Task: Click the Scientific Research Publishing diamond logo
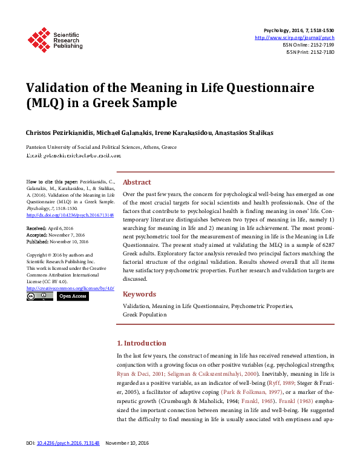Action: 39,39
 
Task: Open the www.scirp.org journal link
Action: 295,38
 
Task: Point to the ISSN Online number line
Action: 308,45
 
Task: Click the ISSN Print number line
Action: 310,52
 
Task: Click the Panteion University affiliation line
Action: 101,147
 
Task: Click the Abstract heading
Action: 137,182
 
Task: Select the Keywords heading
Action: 139,294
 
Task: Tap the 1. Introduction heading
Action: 142,343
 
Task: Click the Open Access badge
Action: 73,297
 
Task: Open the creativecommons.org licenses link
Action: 70,290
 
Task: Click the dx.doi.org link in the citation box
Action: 70,214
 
